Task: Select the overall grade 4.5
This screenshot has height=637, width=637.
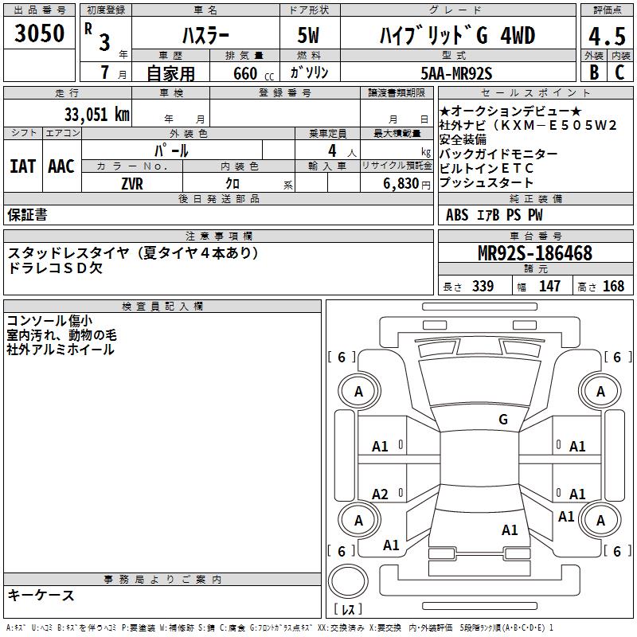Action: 606,37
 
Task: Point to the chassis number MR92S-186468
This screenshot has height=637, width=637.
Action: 534,253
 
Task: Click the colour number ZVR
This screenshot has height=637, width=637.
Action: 131,182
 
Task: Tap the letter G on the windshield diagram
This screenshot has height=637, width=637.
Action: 502,419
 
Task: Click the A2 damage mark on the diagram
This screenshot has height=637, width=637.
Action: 380,494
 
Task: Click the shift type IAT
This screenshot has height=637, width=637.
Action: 22,166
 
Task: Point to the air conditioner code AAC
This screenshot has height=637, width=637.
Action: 61,166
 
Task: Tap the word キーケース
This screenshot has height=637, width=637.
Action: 41,595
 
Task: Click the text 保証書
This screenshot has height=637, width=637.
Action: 27,214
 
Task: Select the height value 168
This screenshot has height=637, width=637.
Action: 613,287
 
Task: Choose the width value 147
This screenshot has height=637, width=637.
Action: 549,287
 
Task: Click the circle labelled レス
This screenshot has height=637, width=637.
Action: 348,587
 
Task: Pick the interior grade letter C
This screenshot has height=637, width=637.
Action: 619,73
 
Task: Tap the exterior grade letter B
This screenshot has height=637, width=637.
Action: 593,73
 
